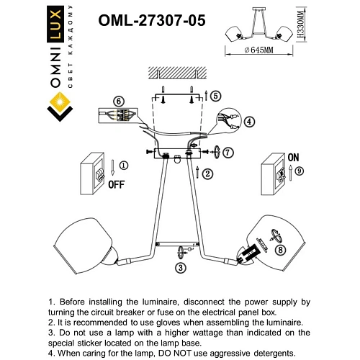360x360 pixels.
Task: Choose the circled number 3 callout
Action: pos(180,266)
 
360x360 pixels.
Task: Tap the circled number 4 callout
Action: pos(249,122)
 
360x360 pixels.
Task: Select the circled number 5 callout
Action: pos(217,95)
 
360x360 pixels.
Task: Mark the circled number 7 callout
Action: pos(228,153)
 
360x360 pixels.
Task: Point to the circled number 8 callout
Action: pos(279,250)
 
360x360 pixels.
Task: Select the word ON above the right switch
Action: pos(293,155)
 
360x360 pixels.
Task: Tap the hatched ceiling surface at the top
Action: pos(172,72)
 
